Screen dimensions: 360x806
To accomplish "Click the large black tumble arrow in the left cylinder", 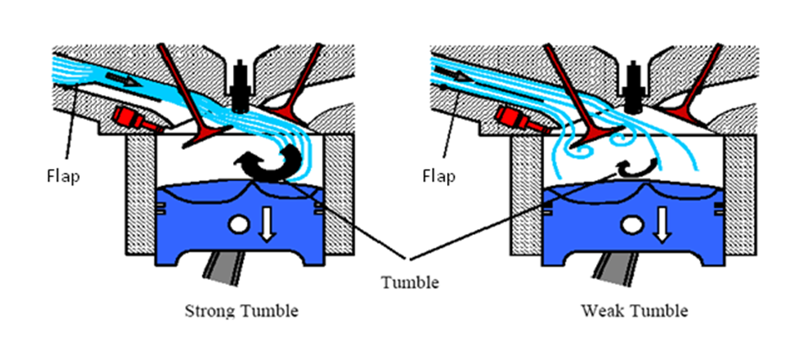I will (x=266, y=162).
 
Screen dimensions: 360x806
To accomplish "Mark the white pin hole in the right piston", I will (x=633, y=224).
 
